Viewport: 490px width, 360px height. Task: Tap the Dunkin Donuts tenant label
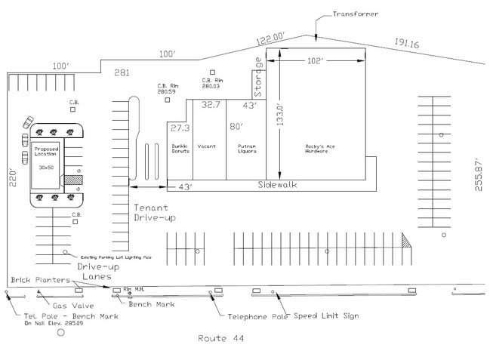(x=179, y=149)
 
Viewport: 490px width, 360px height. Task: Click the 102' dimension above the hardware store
(x=315, y=60)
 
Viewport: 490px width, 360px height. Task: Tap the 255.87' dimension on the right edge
(x=479, y=175)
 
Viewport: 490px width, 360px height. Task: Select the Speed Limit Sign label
(x=326, y=315)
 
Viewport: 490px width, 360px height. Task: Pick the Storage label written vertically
(x=257, y=77)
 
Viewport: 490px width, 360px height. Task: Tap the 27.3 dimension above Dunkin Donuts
(x=179, y=128)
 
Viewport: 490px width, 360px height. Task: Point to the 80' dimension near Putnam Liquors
(x=236, y=126)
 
